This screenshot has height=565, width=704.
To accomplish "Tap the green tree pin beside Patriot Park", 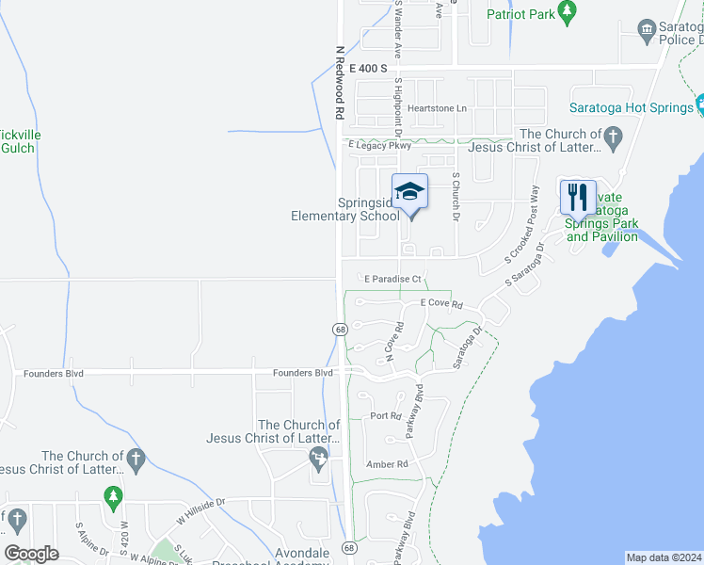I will coord(567,11).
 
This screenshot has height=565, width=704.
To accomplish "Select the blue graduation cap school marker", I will coord(409,192).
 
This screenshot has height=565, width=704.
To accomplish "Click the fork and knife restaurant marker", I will coord(576,197).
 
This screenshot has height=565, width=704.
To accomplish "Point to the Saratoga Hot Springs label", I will coord(631,108).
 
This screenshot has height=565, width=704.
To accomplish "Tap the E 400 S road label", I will coord(368,69).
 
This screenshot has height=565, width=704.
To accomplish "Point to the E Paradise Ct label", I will coord(393,279).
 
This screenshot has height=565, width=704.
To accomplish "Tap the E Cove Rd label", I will coord(442,304).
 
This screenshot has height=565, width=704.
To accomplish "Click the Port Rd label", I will coord(386,415).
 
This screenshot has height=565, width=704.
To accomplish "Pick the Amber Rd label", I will coord(389,464).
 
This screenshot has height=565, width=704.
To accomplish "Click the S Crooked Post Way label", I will coord(523,224).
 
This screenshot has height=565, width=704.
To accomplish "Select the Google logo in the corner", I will coord(31,554).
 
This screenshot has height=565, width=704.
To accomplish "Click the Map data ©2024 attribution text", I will coord(664,557).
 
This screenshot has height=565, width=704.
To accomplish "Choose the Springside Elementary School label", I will coord(341,209).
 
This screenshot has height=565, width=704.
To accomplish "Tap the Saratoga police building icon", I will coord(647,29).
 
